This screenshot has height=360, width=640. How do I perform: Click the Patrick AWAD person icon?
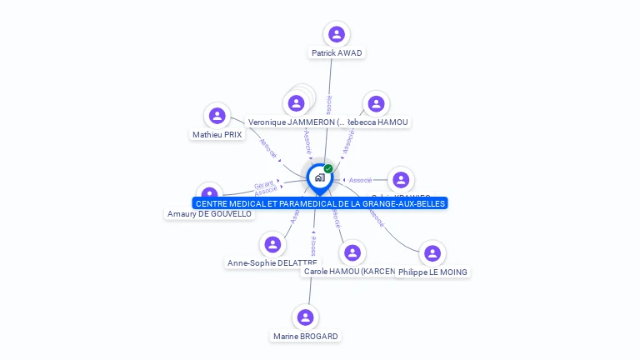(337, 34)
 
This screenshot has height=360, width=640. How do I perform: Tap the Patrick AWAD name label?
(337, 52)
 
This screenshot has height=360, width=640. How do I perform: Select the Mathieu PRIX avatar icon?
(217, 116)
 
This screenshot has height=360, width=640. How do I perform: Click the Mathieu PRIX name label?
(217, 134)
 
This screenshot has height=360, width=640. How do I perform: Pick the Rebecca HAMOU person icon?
(377, 103)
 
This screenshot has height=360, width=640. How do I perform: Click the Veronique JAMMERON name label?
(296, 122)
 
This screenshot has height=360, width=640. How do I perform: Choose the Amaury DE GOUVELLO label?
(209, 214)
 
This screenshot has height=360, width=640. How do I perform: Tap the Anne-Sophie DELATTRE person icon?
(272, 244)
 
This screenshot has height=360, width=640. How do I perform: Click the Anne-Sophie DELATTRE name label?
(272, 263)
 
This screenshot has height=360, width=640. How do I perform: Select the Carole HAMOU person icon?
(352, 252)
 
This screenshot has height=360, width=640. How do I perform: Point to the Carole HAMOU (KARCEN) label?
(348, 272)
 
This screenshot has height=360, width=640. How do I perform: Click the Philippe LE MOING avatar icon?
(432, 253)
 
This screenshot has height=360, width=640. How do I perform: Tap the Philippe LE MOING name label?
(432, 272)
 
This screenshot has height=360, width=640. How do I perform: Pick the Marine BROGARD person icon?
(306, 317)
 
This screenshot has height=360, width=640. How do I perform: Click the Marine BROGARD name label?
(306, 336)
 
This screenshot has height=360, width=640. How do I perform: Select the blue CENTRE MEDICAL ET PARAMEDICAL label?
(321, 203)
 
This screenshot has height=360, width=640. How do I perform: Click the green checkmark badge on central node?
(328, 168)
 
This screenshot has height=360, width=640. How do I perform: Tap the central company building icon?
(319, 177)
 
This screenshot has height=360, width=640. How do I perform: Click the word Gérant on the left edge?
(263, 184)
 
